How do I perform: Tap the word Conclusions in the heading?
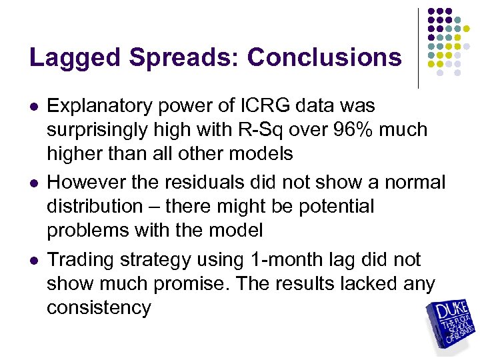click(325, 58)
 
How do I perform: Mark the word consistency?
click(99, 307)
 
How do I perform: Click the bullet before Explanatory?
click(34, 106)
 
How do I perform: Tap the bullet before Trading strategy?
click(34, 259)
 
